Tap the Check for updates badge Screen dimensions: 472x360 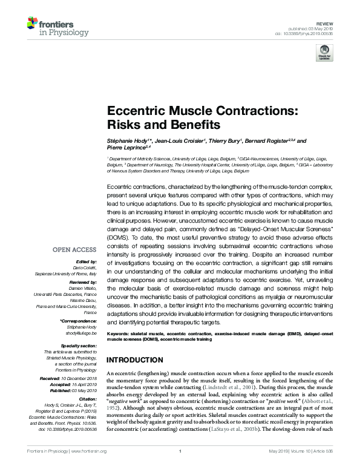click(324, 54)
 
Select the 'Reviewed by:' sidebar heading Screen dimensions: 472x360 click(82, 281)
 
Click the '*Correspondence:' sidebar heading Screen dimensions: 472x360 click(78, 320)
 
